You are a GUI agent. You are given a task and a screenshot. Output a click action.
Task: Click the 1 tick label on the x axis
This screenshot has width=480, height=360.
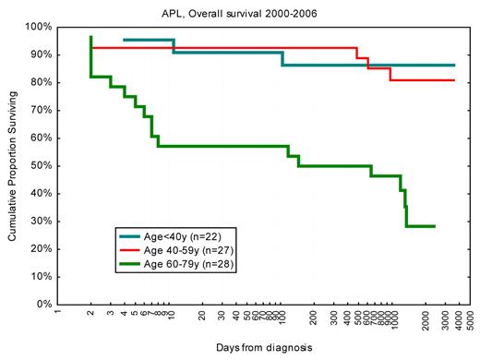point(58,314)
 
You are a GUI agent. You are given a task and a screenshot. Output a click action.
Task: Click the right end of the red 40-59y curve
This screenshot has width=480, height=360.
point(454,80)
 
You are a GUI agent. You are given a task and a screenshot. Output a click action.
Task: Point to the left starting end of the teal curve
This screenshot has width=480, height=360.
point(124,40)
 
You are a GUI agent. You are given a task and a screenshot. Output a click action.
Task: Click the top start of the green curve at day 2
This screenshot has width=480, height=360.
point(90,36)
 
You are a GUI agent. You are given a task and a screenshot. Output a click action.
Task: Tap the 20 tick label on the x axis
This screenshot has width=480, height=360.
point(203,316)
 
